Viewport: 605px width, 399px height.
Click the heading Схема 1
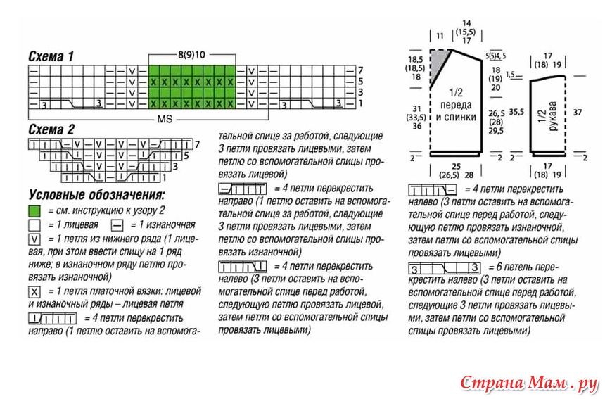(x=51, y=56)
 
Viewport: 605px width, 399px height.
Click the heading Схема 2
(x=51, y=129)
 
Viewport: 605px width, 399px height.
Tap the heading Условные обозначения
(x=97, y=194)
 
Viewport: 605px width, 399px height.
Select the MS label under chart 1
(x=165, y=119)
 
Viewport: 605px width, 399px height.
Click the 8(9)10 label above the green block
(x=191, y=55)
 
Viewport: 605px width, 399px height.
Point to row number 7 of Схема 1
(x=360, y=70)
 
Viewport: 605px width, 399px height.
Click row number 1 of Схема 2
(x=165, y=177)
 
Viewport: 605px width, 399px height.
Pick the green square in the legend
(x=34, y=211)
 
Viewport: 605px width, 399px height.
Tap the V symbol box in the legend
(x=34, y=240)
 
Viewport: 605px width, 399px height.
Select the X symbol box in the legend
(x=34, y=292)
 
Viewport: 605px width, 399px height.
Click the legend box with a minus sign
(x=117, y=225)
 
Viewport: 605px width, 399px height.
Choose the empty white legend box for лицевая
(x=34, y=225)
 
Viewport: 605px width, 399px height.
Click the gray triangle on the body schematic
(x=439, y=65)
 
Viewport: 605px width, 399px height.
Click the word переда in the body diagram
(x=456, y=105)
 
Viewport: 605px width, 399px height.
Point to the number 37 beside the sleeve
(x=578, y=113)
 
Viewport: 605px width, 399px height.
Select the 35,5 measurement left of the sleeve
(x=516, y=112)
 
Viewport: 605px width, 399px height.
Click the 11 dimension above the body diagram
(x=440, y=36)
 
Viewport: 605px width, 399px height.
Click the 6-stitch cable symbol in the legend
(x=445, y=268)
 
